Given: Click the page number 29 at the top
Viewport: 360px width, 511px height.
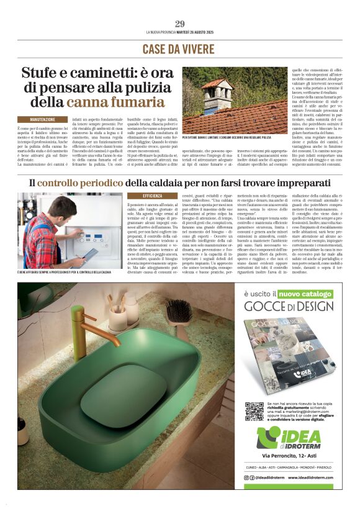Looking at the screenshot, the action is [180, 24].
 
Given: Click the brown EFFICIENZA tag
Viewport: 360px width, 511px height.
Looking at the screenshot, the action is [152, 196].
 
